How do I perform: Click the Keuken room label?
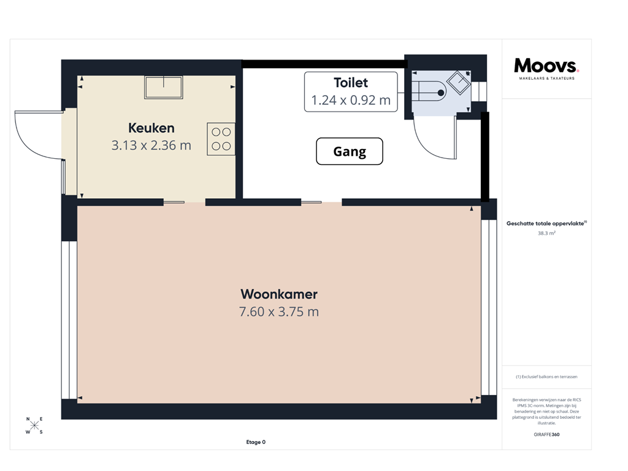(151, 128)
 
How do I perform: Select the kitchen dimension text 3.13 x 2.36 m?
(151, 145)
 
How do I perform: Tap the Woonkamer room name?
(279, 294)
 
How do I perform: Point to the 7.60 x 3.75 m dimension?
(279, 312)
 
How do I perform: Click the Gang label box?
(350, 151)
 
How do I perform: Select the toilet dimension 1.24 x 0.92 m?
(351, 101)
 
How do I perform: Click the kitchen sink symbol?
(163, 87)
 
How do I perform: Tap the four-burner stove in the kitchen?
(221, 139)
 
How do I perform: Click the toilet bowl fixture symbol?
(429, 92)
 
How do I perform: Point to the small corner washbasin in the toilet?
(459, 82)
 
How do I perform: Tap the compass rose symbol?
(35, 426)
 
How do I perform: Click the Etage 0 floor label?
(255, 442)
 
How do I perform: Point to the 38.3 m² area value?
(546, 234)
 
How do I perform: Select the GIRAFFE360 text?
(546, 434)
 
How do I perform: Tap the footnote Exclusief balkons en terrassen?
(546, 377)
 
